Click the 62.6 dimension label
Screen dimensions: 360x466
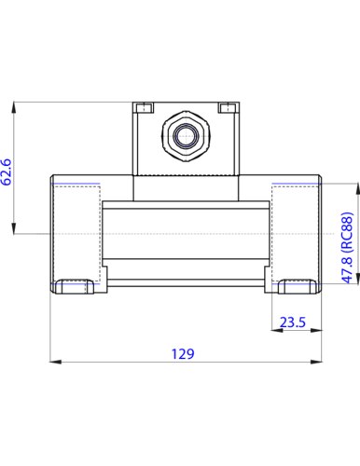[7, 172]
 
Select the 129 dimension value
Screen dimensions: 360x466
[183, 353]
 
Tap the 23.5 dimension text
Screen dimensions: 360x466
[293, 322]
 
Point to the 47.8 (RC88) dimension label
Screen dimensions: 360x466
[347, 248]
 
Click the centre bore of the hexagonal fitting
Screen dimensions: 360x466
[186, 136]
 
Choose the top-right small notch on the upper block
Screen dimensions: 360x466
[227, 107]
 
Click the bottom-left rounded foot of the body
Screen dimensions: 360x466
[75, 287]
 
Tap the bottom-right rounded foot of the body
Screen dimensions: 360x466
[298, 287]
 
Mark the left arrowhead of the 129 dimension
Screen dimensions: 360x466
[56, 362]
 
